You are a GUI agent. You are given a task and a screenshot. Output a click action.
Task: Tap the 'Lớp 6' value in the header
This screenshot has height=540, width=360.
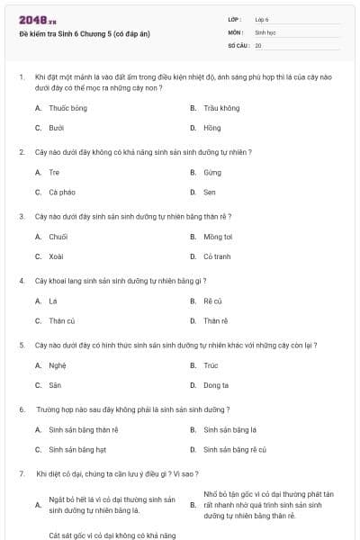(x=262, y=18)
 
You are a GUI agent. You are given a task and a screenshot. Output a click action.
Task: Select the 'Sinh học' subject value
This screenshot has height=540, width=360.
(x=266, y=31)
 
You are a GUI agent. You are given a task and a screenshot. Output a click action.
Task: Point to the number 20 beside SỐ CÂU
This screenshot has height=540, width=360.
(x=258, y=45)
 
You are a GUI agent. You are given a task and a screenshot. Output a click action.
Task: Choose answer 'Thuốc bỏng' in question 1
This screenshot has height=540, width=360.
(x=67, y=108)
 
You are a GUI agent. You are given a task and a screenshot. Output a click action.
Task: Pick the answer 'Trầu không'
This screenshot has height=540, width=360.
(x=221, y=108)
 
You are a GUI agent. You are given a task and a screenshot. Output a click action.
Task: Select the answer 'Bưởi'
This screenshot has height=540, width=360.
(x=57, y=128)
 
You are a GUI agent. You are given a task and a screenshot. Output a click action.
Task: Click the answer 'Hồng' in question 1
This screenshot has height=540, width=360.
(x=211, y=128)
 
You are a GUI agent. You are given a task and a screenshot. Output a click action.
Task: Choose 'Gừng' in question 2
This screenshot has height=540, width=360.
(x=212, y=172)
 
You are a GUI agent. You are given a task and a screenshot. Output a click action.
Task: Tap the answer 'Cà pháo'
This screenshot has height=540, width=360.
(x=62, y=192)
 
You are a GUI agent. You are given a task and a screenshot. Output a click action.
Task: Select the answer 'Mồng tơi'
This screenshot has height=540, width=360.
(x=218, y=237)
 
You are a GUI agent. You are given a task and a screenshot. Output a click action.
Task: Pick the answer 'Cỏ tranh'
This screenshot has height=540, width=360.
(x=217, y=256)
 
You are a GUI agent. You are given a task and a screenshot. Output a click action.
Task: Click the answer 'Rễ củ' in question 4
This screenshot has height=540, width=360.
(x=212, y=301)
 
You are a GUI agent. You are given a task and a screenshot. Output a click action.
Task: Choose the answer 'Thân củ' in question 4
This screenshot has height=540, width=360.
(x=62, y=320)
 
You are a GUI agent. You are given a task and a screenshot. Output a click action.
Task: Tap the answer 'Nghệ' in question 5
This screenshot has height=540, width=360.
(x=58, y=365)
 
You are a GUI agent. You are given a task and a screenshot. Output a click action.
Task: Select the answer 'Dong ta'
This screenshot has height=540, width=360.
(x=216, y=385)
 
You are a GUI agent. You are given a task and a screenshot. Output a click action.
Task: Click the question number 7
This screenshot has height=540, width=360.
(x=21, y=473)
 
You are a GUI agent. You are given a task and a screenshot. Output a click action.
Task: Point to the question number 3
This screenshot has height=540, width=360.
(x=21, y=216)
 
